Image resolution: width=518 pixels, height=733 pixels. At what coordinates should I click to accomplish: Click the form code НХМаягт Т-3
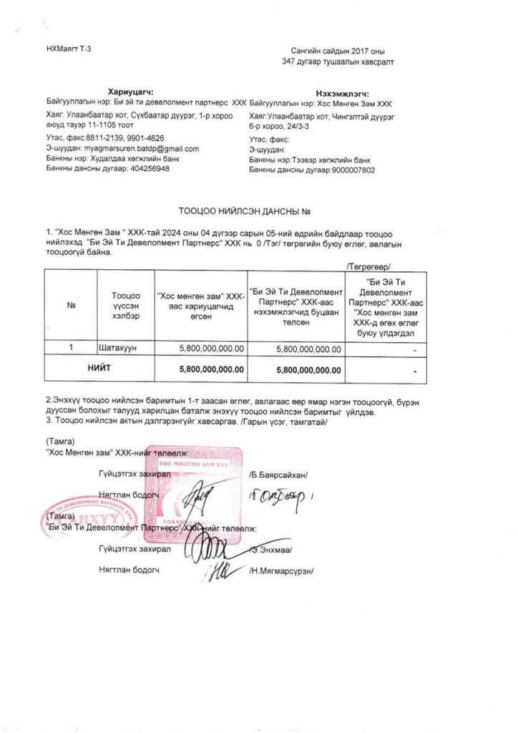click(69, 48)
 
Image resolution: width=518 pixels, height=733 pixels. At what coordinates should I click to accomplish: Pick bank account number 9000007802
click(350, 170)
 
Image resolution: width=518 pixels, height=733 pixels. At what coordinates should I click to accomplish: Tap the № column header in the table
click(71, 306)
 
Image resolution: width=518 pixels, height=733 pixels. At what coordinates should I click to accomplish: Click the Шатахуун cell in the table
click(117, 348)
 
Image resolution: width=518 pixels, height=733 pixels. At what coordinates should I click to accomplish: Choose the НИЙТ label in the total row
click(99, 369)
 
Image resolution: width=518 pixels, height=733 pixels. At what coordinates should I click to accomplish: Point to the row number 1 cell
click(71, 348)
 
